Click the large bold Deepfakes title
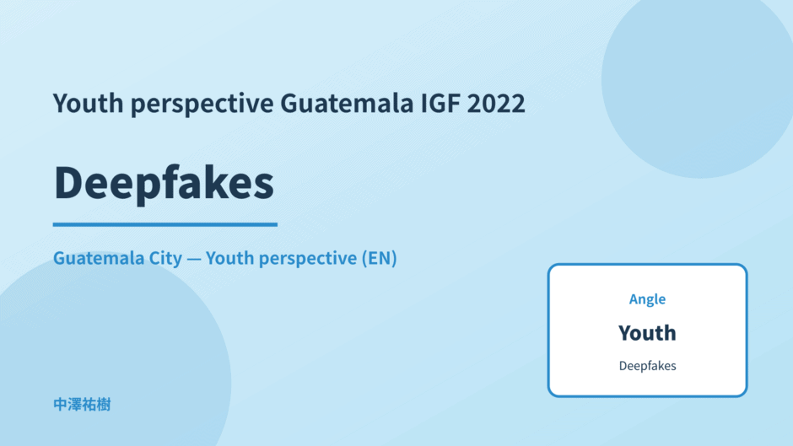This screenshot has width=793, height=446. click(x=164, y=183)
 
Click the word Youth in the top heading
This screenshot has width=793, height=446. click(x=89, y=103)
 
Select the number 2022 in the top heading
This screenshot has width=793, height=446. click(x=496, y=103)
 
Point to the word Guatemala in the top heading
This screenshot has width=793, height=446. click(x=347, y=103)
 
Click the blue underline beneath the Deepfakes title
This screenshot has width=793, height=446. click(x=165, y=224)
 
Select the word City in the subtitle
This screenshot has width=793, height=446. click(x=165, y=258)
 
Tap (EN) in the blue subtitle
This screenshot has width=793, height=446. click(x=379, y=258)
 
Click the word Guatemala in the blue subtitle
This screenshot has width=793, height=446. click(x=99, y=258)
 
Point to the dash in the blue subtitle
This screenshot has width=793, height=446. click(x=194, y=259)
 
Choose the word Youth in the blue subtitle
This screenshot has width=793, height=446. click(x=229, y=258)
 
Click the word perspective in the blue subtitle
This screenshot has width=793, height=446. click(x=308, y=259)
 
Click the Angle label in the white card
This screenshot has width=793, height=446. click(x=647, y=299)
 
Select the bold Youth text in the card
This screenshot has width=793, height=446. click(x=647, y=333)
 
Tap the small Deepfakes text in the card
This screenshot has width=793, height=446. click(x=647, y=366)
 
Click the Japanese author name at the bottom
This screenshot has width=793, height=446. click(x=82, y=405)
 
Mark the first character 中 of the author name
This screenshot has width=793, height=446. click(x=60, y=405)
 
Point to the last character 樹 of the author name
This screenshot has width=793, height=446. click(x=104, y=405)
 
